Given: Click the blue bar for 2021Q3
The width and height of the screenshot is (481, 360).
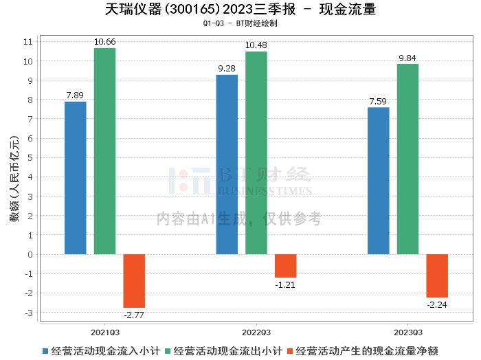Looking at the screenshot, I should (x=75, y=178).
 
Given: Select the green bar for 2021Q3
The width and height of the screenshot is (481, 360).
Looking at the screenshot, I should (x=104, y=151).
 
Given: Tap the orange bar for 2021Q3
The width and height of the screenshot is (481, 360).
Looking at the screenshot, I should (x=134, y=281).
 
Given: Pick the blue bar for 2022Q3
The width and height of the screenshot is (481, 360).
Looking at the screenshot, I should (x=227, y=164).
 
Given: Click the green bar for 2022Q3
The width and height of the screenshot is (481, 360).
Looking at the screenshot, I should (x=256, y=153).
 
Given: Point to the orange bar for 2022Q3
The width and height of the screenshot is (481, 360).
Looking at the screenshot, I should (x=286, y=266).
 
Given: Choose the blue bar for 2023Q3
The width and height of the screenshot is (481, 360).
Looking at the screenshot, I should (x=378, y=181).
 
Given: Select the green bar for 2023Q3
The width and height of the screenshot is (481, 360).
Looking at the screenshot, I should (x=407, y=159).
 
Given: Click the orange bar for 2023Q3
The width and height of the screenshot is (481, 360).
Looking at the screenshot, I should (x=437, y=275).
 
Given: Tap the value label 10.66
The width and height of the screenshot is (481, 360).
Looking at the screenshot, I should (x=104, y=42).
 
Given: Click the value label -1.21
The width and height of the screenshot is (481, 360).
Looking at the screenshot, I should (x=285, y=284).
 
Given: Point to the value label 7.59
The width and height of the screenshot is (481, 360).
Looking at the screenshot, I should (x=378, y=101).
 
